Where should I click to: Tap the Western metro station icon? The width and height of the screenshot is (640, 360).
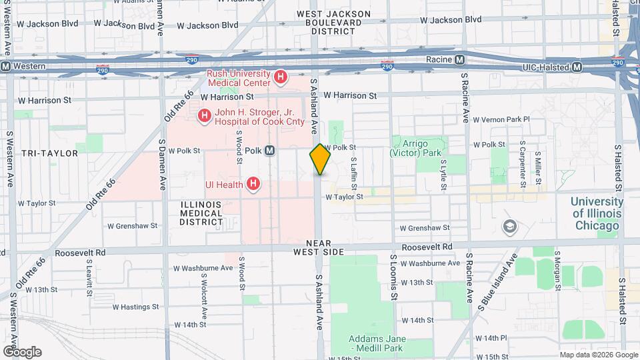point(6,67)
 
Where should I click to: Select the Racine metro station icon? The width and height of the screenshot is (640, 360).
point(460,60)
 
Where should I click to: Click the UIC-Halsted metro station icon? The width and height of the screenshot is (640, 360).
point(577,67)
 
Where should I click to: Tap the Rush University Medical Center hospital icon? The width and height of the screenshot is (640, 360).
point(281,78)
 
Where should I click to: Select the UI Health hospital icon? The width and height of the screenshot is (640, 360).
point(253,183)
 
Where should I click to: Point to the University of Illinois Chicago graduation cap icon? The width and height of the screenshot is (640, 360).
point(511,227)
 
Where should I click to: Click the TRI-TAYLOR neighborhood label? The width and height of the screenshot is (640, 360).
point(49,153)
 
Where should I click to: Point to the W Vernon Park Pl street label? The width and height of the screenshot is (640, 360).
point(501,119)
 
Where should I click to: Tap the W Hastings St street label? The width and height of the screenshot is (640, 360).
point(135,307)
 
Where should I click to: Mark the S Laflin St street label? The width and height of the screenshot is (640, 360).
point(354,171)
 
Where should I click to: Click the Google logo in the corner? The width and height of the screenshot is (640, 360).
point(21,352)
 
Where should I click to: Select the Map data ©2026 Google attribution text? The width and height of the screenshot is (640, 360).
point(598,355)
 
